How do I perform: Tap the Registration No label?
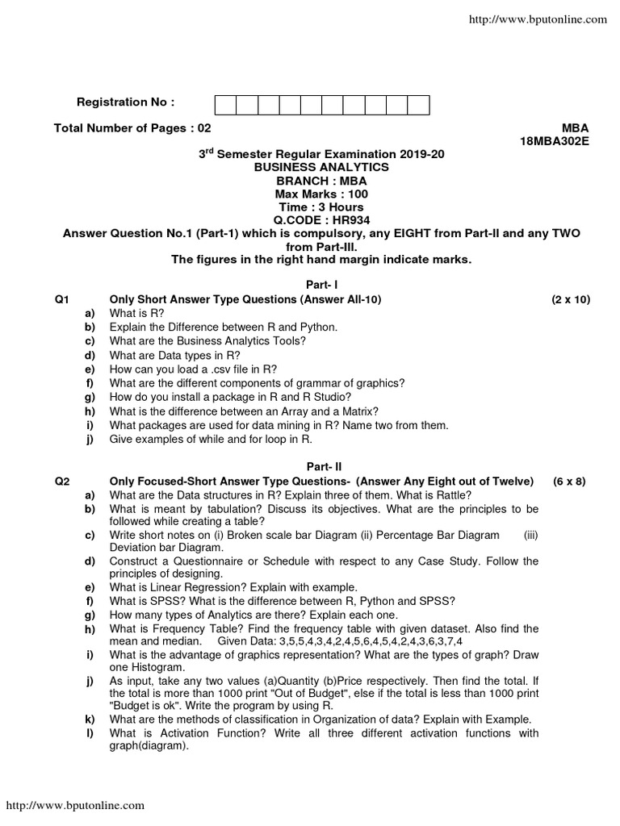point(124,102)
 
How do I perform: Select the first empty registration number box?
point(225,105)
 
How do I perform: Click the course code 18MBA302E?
point(555,141)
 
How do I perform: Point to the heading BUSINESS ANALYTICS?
point(321,167)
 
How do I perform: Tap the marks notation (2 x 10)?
point(571,299)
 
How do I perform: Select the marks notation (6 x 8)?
point(570,481)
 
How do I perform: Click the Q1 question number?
point(61,299)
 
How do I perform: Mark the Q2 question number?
point(61,481)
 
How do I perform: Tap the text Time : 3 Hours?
point(321,206)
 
